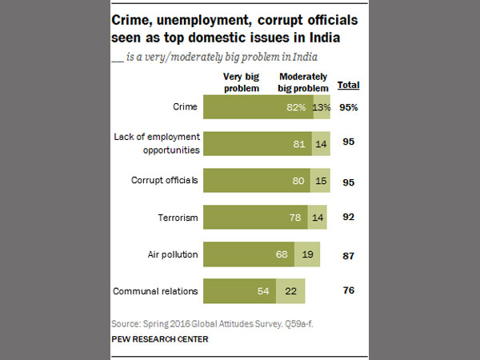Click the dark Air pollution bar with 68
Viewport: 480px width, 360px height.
250,254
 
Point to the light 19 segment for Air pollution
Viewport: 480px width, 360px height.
308,254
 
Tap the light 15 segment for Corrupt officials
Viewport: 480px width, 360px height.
320,181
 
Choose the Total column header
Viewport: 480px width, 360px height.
348,85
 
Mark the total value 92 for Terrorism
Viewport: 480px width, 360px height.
348,217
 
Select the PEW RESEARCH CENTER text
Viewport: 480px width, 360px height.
159,339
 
